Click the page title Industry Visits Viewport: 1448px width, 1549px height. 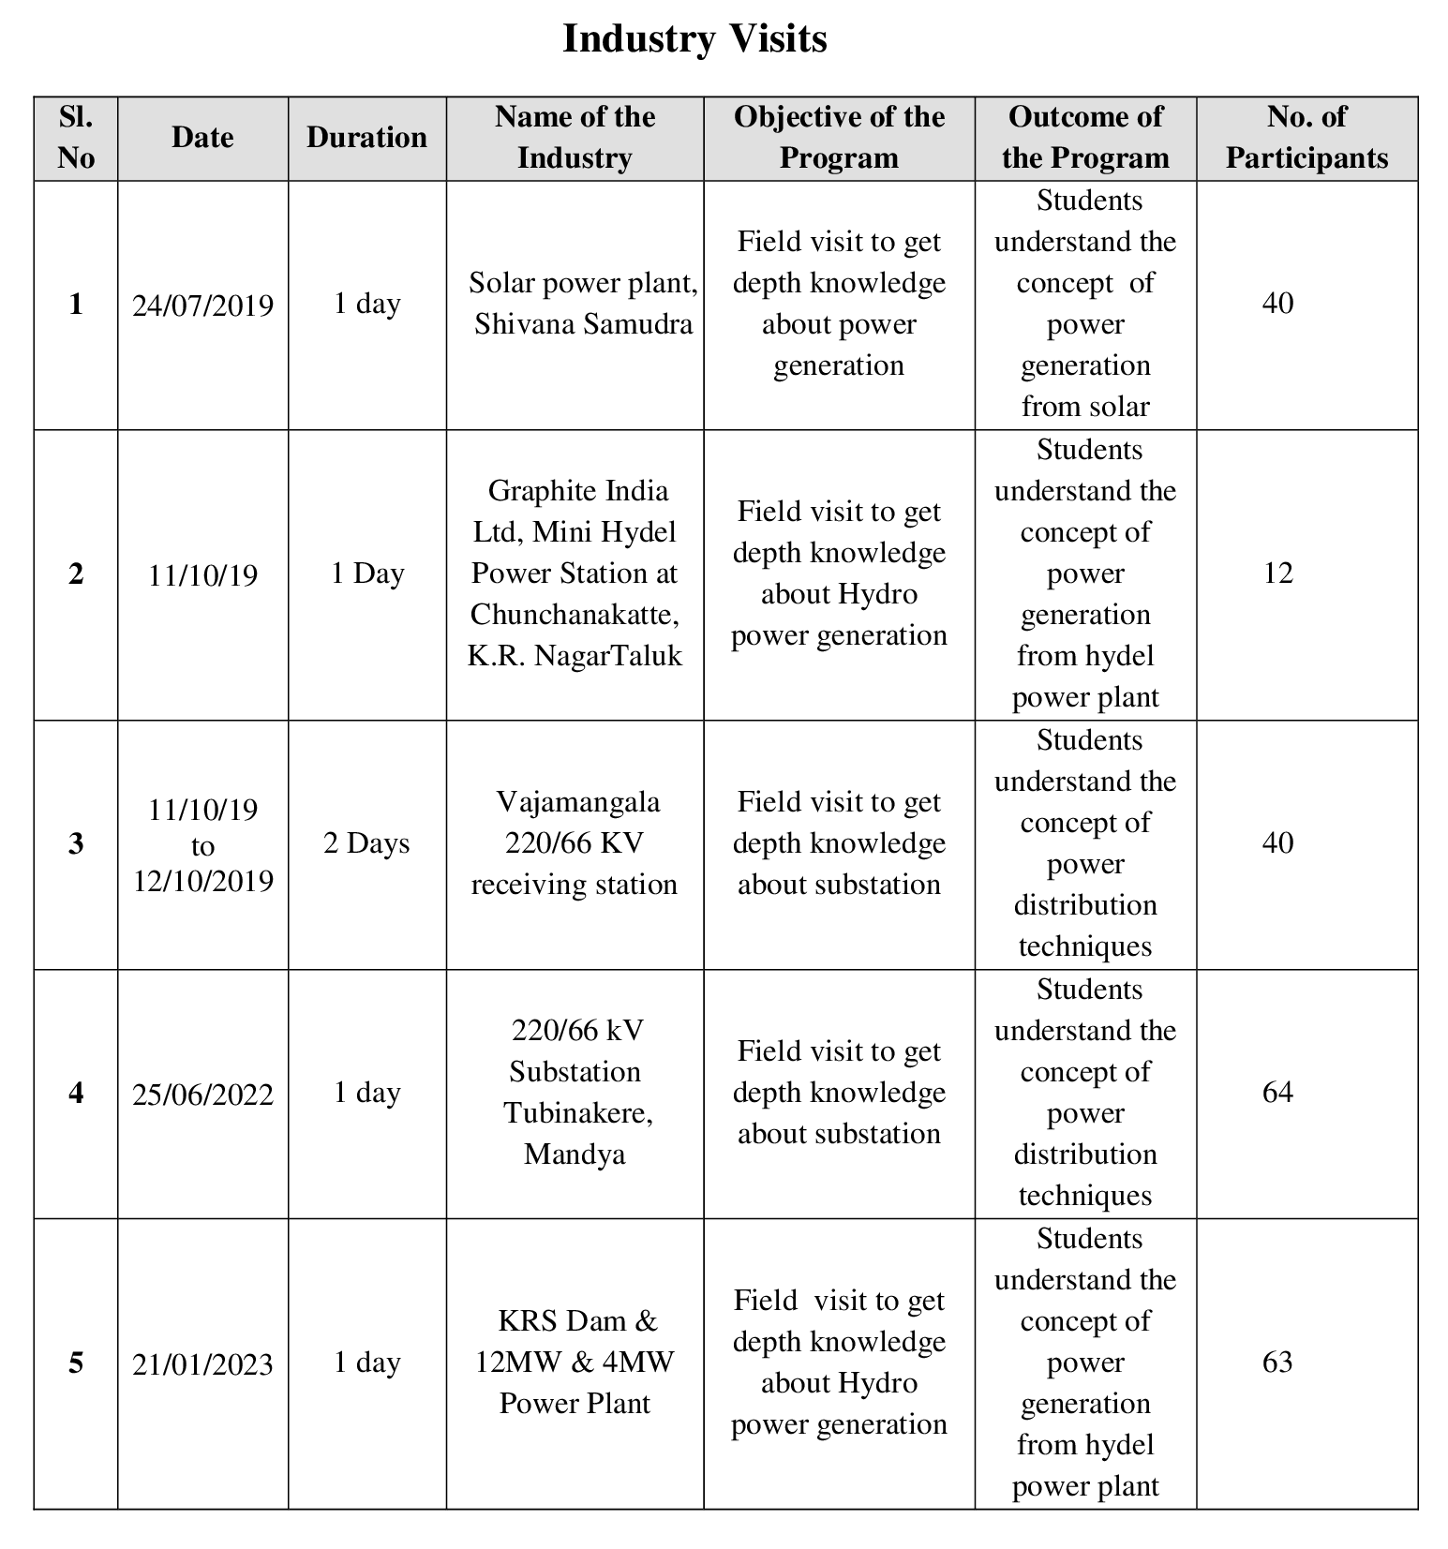694,39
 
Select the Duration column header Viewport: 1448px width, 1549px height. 366,138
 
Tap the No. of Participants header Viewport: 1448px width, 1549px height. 1306,138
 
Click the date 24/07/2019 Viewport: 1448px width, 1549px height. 202,305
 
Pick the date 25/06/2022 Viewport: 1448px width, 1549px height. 202,1095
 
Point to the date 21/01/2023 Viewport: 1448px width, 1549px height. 202,1364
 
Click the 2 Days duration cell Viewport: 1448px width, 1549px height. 366,843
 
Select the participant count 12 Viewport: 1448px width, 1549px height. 1277,573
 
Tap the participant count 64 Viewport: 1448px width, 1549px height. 1277,1093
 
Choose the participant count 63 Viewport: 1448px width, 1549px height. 1277,1363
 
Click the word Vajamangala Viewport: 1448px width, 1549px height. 577,802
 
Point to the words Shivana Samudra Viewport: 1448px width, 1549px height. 583,324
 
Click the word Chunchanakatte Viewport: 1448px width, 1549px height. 574,615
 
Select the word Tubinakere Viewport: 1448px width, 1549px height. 577,1113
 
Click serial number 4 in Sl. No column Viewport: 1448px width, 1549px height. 76,1094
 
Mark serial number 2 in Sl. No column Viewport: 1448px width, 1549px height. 76,574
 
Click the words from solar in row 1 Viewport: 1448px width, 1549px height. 1085,407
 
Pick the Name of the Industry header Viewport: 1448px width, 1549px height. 575,138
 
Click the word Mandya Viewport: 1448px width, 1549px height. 575,1154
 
